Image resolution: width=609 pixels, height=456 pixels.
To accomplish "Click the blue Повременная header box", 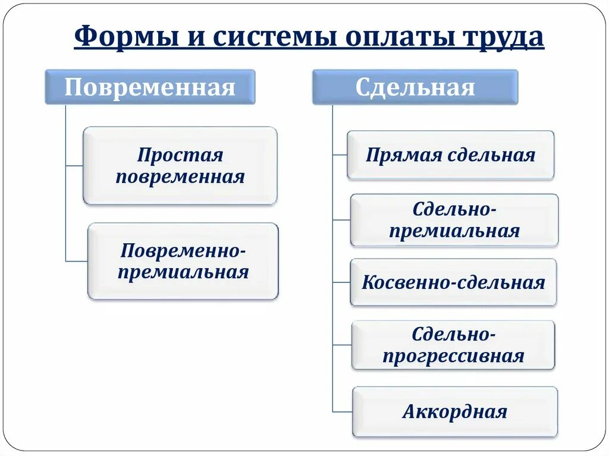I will click(x=150, y=87).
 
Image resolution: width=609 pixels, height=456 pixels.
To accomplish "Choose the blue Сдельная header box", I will click(x=415, y=87).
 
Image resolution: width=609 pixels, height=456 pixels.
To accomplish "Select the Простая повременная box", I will click(x=180, y=166).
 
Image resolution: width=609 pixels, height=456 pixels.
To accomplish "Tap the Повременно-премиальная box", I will click(x=183, y=261).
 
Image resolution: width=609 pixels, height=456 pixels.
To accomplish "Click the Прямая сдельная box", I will click(x=450, y=155).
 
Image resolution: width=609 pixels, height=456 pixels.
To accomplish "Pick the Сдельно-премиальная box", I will click(x=454, y=220).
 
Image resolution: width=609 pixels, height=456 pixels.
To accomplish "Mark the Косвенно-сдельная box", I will click(x=453, y=282).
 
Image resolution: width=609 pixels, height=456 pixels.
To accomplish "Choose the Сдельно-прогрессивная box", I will click(x=453, y=345).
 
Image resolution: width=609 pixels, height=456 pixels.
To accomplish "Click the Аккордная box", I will click(x=455, y=411).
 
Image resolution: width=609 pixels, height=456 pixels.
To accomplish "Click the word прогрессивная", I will click(x=453, y=356).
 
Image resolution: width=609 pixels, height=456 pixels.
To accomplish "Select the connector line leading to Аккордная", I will click(x=342, y=411).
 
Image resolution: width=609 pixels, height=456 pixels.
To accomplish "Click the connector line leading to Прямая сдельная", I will click(x=340, y=155).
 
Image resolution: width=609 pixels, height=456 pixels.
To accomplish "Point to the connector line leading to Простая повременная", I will click(x=74, y=166).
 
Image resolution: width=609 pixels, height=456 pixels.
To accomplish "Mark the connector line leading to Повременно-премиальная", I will click(x=76, y=261).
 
